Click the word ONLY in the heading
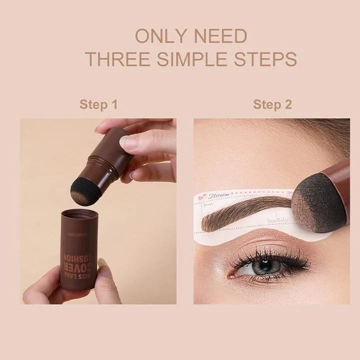pos(159,36)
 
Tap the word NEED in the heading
pos(219,36)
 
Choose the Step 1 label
pos(98,104)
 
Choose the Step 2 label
pos(272,104)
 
